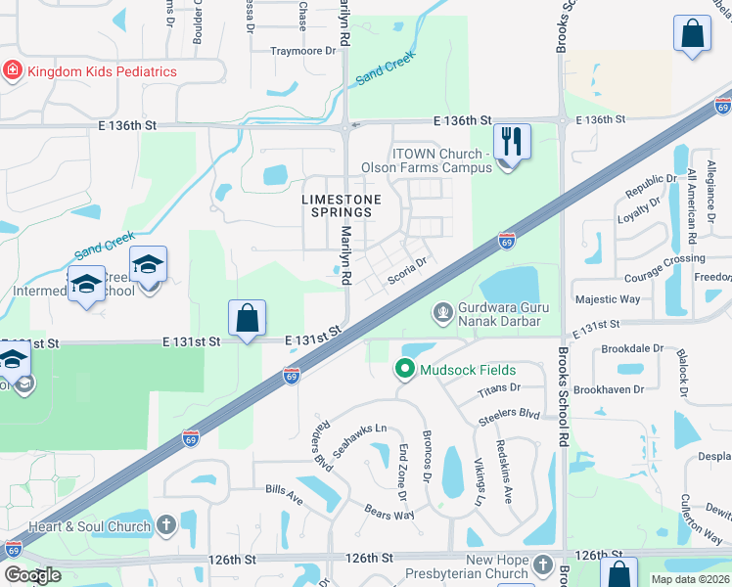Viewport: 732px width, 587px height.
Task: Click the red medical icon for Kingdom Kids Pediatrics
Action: click(12, 71)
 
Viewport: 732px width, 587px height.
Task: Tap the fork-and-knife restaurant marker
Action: click(512, 141)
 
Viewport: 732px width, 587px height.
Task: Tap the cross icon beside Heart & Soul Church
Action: click(165, 526)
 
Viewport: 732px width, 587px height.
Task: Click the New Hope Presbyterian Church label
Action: click(482, 566)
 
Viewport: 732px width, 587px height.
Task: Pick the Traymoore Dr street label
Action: click(302, 51)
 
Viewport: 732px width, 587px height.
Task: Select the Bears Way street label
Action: click(389, 513)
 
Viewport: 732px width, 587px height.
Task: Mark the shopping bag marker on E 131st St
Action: click(248, 318)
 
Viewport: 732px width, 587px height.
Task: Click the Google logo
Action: click(32, 574)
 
